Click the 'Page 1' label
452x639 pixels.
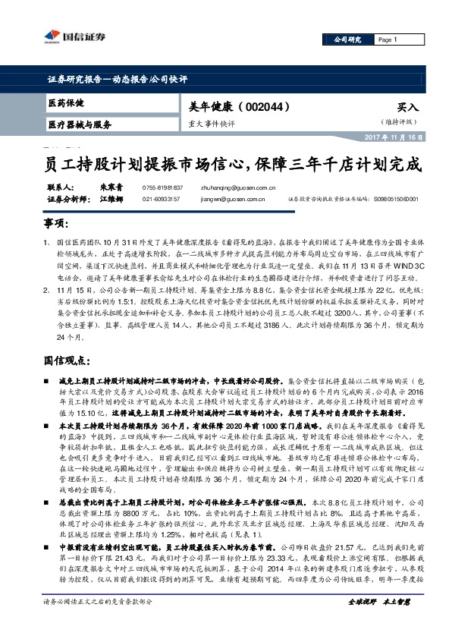click(x=388, y=39)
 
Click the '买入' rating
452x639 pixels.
click(x=407, y=109)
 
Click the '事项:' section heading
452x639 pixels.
click(x=55, y=225)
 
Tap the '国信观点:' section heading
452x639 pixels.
click(x=63, y=357)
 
